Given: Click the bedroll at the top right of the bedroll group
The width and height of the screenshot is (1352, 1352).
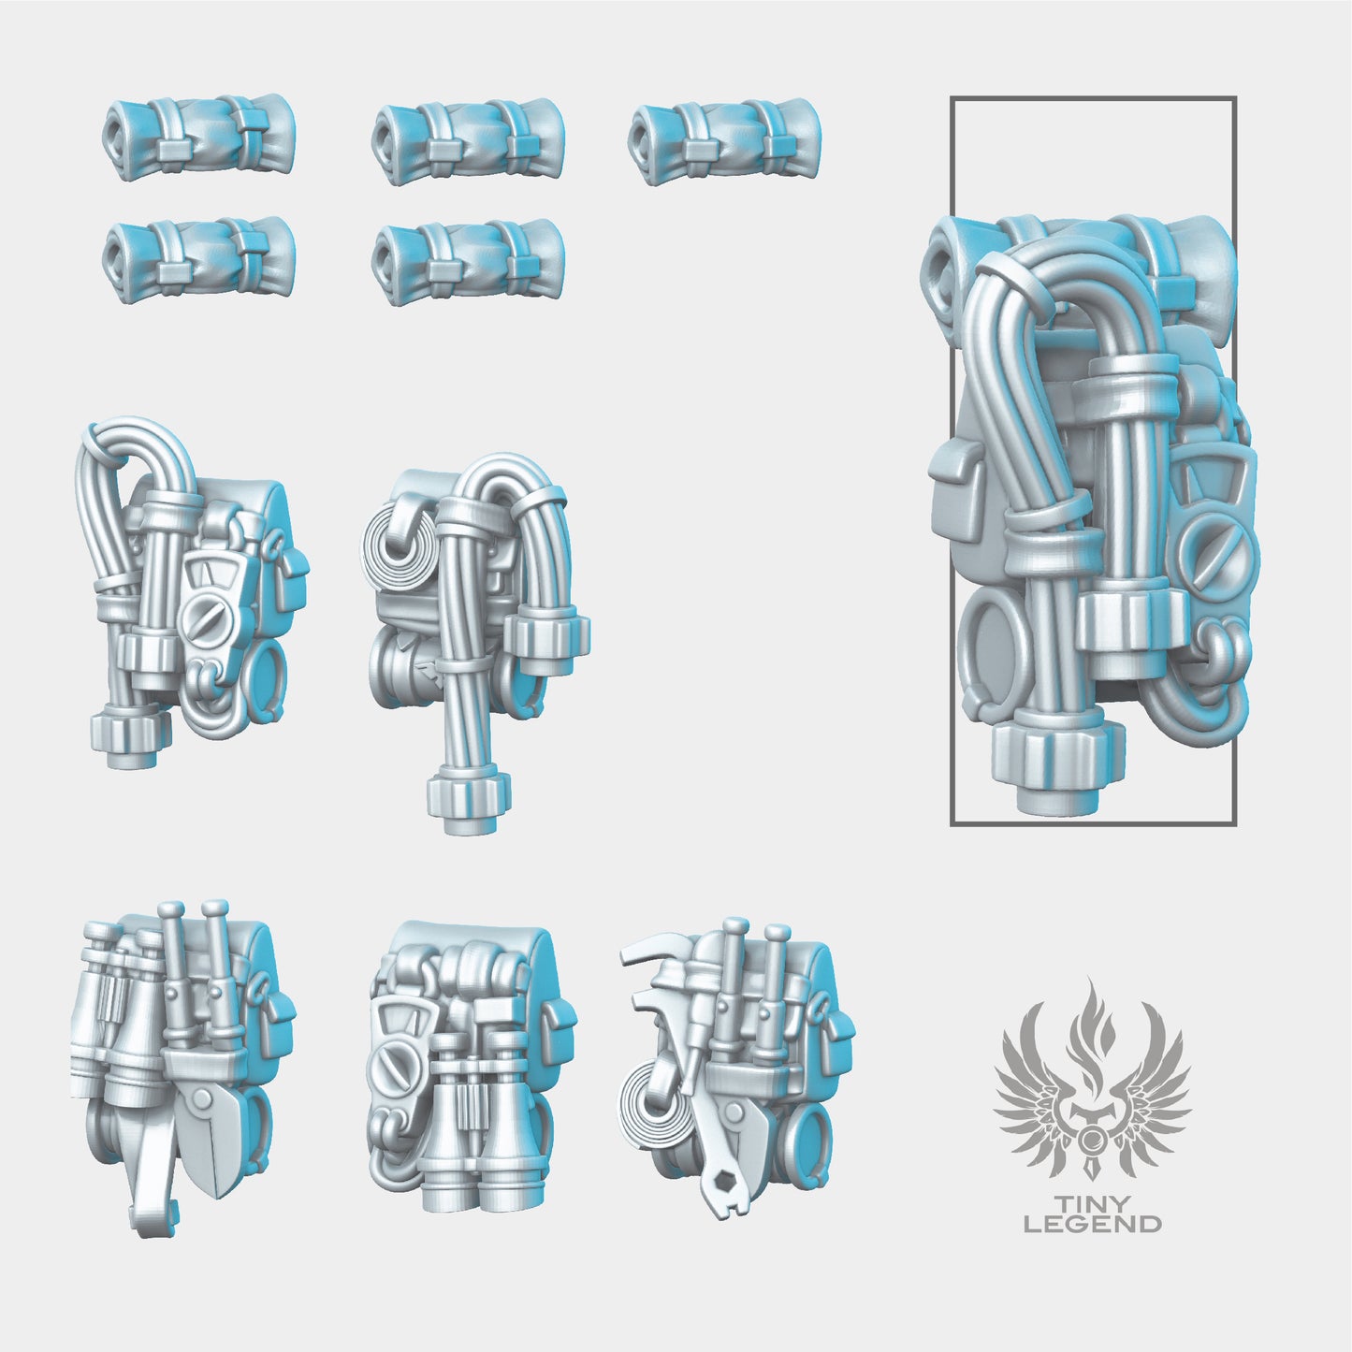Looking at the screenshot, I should [x=723, y=132].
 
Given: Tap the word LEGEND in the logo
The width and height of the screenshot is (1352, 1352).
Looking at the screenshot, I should [x=1093, y=1223].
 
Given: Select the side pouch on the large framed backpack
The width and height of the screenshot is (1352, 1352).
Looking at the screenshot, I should [x=956, y=496].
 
